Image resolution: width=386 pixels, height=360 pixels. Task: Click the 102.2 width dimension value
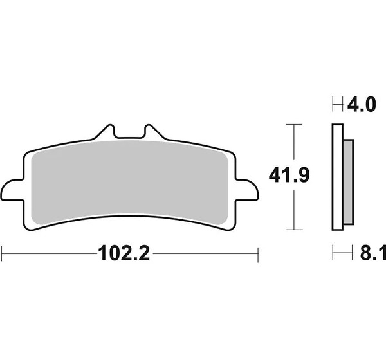click(124, 253)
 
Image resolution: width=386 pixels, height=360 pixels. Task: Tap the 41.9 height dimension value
click(289, 175)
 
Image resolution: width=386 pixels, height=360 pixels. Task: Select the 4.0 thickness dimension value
click(362, 105)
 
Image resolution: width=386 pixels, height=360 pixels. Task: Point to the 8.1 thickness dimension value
click(373, 253)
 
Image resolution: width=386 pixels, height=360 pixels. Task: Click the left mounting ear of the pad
click(12, 190)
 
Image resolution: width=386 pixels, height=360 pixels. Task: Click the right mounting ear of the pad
click(246, 190)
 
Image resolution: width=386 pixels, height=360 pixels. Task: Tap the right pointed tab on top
click(153, 132)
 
